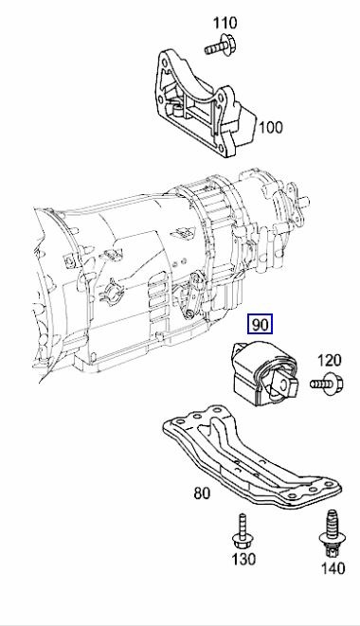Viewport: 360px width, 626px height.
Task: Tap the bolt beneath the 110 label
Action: coord(221,42)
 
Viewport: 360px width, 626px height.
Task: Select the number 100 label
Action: coord(270,126)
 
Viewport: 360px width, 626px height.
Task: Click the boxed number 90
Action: coord(260,325)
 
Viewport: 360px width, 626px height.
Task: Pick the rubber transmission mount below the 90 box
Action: coord(261,379)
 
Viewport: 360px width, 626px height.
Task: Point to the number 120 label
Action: coord(328,360)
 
